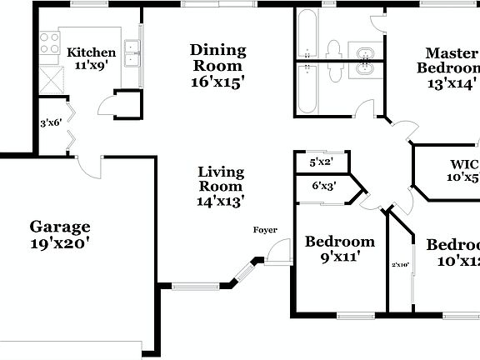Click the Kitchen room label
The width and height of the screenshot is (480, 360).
coord(92,58)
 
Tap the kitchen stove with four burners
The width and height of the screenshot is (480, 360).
coord(49,43)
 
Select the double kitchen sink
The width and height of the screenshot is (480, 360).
coord(131,53)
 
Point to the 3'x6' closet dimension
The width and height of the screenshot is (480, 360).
coord(52,123)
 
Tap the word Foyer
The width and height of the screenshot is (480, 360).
coord(266,230)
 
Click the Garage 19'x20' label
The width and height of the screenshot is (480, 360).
coord(60,235)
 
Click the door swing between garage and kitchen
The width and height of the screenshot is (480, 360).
coord(88,165)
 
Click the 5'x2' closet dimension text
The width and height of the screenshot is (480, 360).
coord(321,162)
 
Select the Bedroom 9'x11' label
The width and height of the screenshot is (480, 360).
coord(339,249)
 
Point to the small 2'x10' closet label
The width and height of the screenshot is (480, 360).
coord(401,266)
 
